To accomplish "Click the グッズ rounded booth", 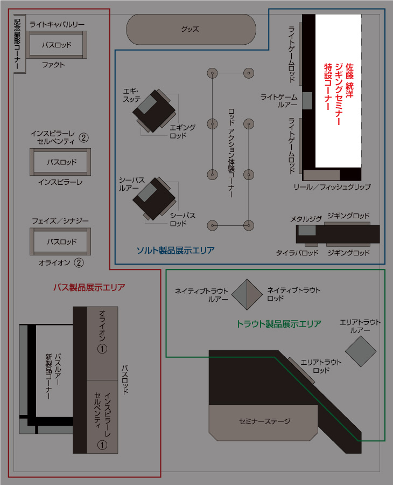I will [x=191, y=29].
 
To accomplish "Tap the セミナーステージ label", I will [x=264, y=421].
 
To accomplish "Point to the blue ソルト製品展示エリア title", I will [x=175, y=250].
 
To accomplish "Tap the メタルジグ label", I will [x=306, y=219].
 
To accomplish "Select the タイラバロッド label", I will [x=297, y=252].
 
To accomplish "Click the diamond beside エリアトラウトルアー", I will [x=360, y=351].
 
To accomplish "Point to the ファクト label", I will [x=53, y=65].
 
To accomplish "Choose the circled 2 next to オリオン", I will [x=79, y=263].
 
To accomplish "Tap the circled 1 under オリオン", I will [x=102, y=349].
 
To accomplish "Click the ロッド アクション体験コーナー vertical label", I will [x=230, y=154].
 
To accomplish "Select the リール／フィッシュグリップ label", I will [x=332, y=186].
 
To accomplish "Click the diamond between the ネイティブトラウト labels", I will [x=247, y=294].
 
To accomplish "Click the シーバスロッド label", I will [x=183, y=219].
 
